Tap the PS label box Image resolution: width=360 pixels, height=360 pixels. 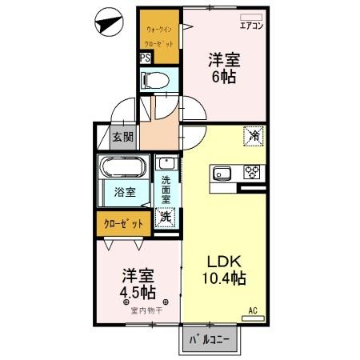pos(145,58)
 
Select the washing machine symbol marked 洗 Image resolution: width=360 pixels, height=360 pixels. pos(166,216)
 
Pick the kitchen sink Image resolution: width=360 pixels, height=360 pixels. pos(222,173)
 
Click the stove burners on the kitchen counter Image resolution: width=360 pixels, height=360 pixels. pos(252,173)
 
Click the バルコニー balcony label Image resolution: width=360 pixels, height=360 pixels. pos(209,340)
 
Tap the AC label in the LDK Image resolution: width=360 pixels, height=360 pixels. pos(253,310)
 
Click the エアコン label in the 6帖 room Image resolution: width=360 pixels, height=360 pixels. pos(252,25)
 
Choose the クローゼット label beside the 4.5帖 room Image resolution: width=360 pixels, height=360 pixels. pos(124,225)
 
